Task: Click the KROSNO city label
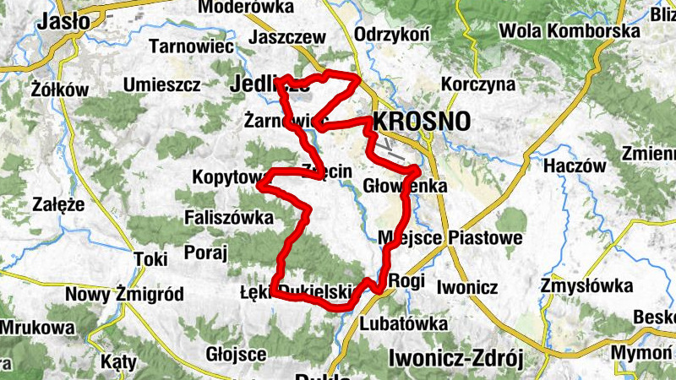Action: click(421, 121)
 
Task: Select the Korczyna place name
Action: click(478, 85)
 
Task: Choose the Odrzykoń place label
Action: click(394, 33)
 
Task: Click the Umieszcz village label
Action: click(161, 84)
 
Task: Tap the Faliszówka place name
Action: click(229, 218)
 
